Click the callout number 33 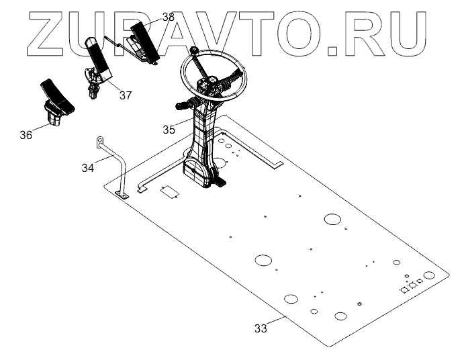coord(261,328)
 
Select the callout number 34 coord(88,167)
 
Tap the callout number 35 coord(169,130)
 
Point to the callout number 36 coord(26,135)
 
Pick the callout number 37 coord(126,95)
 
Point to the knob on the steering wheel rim coord(193,51)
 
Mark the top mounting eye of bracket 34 coord(98,140)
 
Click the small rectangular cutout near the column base coord(169,191)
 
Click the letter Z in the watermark coord(50,32)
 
